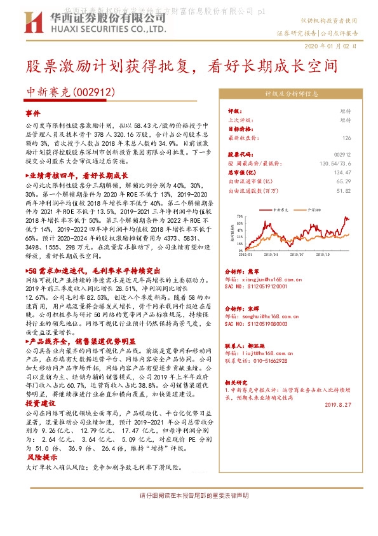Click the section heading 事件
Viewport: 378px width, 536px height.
[32, 113]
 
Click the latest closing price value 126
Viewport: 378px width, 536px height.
[346, 138]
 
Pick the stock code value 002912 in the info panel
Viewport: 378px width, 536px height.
[342, 154]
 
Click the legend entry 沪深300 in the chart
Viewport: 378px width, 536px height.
[312, 209]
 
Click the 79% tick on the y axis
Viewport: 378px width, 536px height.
[239, 217]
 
